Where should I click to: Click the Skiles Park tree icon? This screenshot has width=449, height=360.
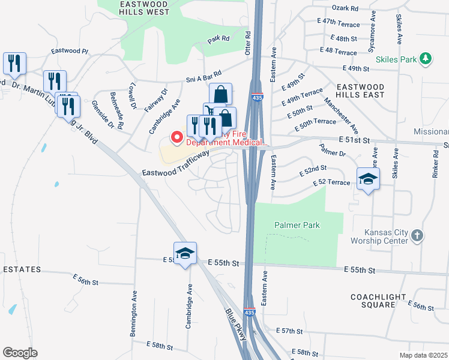[x=426, y=58]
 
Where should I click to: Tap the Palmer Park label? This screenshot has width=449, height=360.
[x=297, y=225]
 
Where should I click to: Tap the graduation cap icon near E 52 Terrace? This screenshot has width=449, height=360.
[x=368, y=179]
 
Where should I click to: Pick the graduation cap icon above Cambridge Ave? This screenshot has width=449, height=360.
[x=185, y=253]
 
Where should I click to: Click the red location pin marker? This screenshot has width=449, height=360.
[x=177, y=138]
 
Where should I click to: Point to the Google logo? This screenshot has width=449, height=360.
[x=20, y=353]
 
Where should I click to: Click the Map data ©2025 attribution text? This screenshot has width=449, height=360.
[x=423, y=355]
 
